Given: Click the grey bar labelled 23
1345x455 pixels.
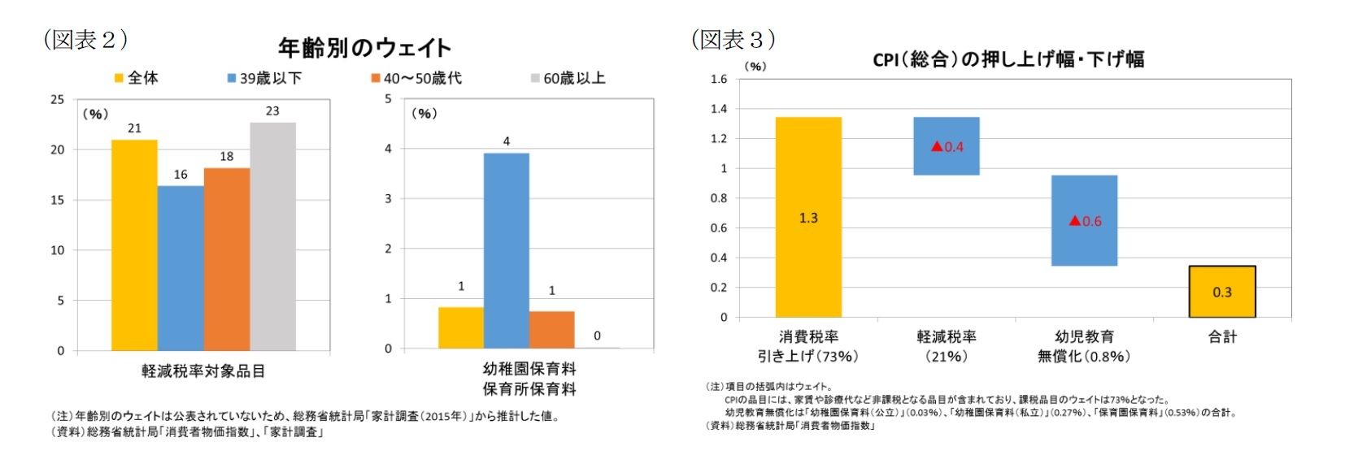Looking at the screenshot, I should (272, 236).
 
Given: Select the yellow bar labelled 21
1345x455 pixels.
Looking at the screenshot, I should (134, 245).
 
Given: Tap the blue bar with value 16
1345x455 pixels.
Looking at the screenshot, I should (181, 268).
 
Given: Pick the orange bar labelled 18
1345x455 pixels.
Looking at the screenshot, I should (227, 259).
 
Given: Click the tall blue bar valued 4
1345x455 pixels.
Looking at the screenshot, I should (506, 250).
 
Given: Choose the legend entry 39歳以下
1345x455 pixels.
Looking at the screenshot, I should (264, 78).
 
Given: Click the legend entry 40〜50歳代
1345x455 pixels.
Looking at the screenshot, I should (416, 78).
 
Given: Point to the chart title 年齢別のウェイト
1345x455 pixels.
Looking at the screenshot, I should (364, 48).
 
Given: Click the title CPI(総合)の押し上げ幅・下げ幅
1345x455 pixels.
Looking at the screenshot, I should (1008, 59).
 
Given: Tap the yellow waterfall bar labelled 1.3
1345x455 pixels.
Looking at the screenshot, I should (808, 217).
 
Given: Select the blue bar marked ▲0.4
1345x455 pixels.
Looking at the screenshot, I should (946, 146).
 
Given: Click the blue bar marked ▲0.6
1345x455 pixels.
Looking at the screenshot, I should (1084, 220).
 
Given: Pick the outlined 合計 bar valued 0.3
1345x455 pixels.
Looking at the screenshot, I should (1221, 292).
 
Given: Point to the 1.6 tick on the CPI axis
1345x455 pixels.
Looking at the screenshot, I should (719, 79).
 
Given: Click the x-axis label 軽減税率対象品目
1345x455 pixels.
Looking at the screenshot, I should (203, 371).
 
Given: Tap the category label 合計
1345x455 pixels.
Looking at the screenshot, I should (1222, 337).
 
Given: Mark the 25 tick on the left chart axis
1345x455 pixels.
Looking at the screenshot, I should (57, 99).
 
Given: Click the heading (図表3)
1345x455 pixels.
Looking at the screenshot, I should (733, 39).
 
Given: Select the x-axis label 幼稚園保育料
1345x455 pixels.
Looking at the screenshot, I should (529, 369).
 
